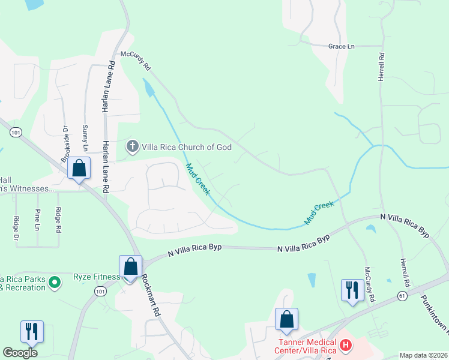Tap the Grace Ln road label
coord(342,46)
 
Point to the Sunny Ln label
coord(85,138)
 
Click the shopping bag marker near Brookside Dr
coord(79,169)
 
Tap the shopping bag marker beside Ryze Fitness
coord(130,266)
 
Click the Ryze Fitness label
coord(96,277)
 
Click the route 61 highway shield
coord(402,296)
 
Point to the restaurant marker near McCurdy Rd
coord(352,290)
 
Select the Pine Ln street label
coord(38,219)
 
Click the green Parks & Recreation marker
coord(55,281)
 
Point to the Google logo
coord(20,353)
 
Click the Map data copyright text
coord(423,355)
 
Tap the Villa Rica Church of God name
coord(186,146)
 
